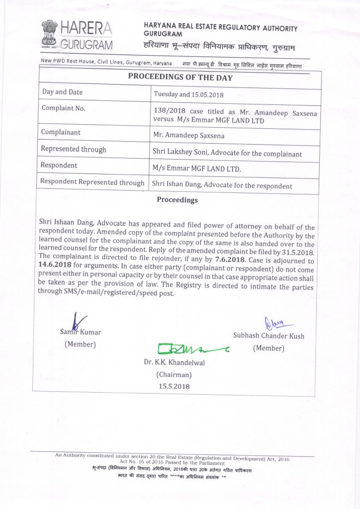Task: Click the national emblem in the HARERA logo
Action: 50,33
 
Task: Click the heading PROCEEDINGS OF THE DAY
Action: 180,77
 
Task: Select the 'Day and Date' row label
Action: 63,92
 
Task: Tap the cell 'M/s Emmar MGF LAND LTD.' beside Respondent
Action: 197,169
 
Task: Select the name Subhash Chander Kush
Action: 269,336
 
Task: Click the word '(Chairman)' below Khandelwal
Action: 174,374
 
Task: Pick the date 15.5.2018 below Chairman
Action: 174,386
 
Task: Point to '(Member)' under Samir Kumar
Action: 80,344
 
